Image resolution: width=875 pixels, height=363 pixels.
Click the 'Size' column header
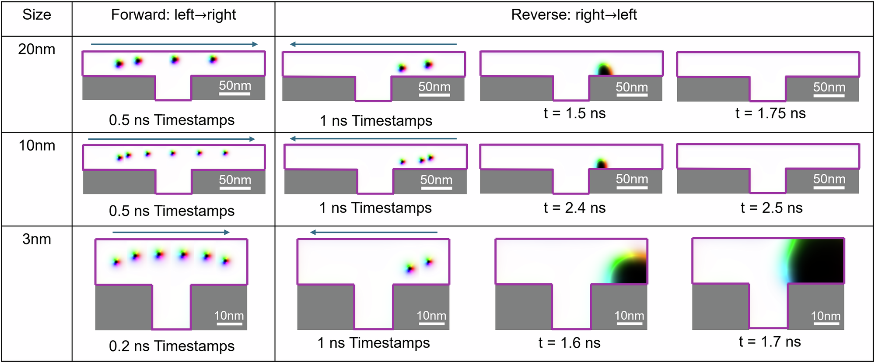37,15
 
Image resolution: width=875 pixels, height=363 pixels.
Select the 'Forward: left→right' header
173,15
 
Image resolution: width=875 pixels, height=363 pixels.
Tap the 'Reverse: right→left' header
574,15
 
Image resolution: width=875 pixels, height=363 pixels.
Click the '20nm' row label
37,49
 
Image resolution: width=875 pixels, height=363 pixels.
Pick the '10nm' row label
37,145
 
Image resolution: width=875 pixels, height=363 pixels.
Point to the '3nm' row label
37,239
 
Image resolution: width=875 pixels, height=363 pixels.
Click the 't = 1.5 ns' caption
574,113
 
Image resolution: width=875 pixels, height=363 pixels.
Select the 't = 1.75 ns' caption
770,113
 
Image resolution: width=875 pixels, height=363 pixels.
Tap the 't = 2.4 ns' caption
574,208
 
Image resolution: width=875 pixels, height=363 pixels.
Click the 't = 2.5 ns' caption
771,208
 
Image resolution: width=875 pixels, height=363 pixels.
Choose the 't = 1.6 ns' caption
569,342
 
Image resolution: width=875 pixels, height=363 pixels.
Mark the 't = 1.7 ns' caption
770,342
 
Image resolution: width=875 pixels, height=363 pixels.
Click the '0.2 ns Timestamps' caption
171,346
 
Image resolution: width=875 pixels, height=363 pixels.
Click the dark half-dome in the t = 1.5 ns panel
604,70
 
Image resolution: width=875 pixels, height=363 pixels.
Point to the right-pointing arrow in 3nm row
171,232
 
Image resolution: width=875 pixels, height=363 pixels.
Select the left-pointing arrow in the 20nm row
373,44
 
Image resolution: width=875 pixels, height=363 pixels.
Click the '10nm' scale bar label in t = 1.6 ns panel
629,316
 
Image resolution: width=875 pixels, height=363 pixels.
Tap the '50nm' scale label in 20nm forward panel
235,85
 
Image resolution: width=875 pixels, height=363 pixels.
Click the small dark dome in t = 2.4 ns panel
602,164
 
